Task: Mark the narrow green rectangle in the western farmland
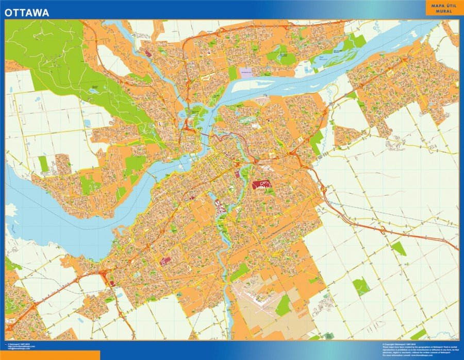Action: point(43,164)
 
